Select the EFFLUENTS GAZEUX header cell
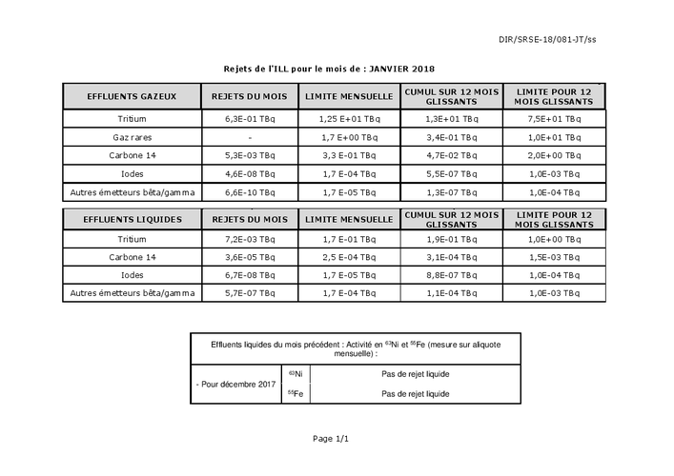point(131,97)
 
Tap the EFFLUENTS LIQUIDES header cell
point(131,220)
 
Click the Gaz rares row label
point(132,137)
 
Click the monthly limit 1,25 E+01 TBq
point(349,119)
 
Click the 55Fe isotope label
point(296,393)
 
